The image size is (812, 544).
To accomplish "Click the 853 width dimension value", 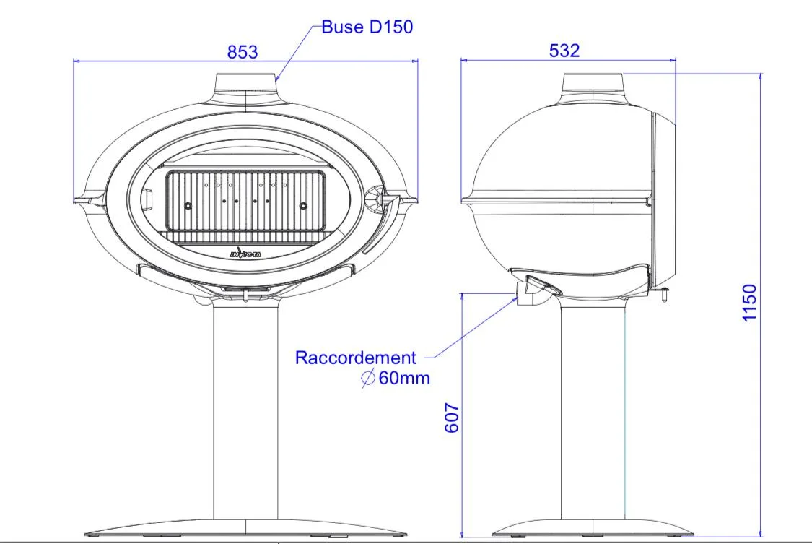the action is point(243,52).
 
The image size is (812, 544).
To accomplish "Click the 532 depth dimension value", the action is point(564,51).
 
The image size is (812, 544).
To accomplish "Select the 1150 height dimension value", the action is point(749,303).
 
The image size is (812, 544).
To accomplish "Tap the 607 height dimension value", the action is point(452,418).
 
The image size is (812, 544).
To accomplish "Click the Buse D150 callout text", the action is point(367,27).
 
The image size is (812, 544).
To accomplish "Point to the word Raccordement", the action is point(355,358).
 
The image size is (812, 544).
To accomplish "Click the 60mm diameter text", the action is point(404,378).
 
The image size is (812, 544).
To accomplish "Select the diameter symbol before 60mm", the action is point(367,378).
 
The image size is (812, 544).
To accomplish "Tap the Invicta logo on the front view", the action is point(245,253).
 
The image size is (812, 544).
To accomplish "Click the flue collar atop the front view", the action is point(245,85).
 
